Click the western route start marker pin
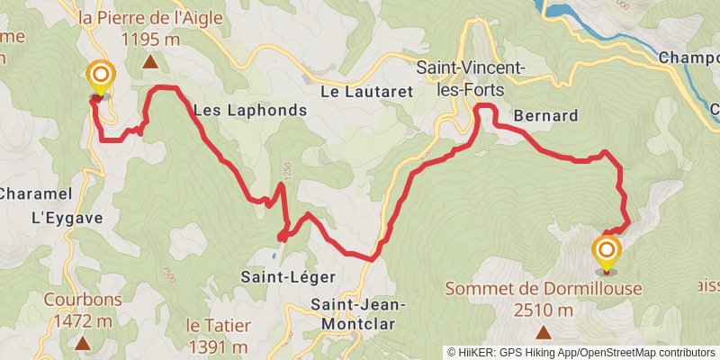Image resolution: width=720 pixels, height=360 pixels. [x=101, y=76]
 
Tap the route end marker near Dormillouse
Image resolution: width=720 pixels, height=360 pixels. [x=607, y=250]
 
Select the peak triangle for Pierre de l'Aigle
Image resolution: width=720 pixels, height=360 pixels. [x=149, y=62]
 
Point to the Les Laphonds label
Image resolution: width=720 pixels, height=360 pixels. [x=250, y=111]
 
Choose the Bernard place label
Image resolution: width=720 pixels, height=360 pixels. [x=544, y=116]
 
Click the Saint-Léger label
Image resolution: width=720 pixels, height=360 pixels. [x=274, y=277]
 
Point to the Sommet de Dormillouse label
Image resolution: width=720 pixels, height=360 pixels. [x=544, y=289]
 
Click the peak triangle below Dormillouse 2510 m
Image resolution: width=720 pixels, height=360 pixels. [x=544, y=332]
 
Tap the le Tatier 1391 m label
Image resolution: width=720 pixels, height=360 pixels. [x=219, y=334]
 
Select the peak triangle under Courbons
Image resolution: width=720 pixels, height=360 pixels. [x=82, y=342]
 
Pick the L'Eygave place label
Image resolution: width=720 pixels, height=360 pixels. [x=67, y=217]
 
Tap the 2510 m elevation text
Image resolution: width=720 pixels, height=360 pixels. [x=544, y=310]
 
